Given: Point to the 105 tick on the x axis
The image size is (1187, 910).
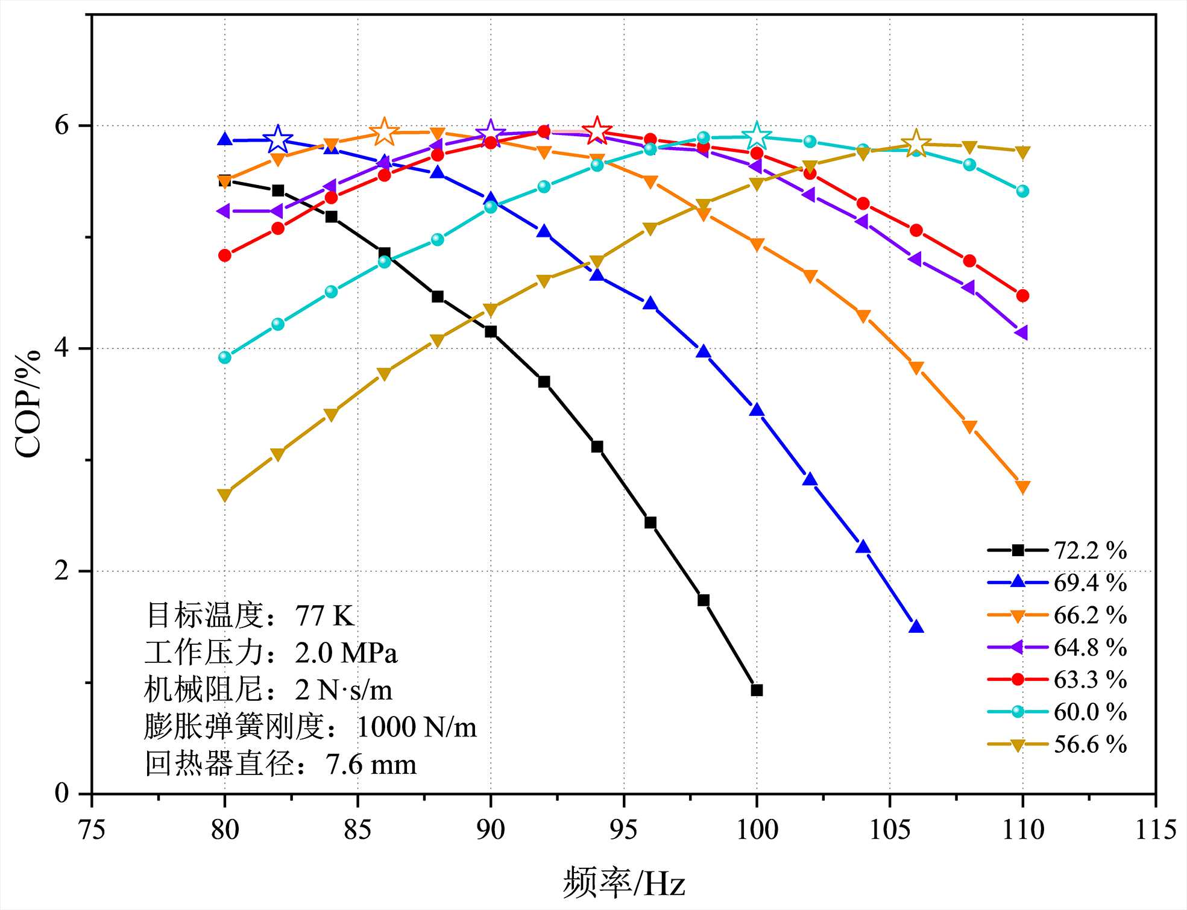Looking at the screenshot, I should [x=890, y=830].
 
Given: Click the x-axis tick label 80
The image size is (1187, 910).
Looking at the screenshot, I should [x=225, y=830].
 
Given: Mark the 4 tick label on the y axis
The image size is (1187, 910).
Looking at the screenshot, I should [x=63, y=349].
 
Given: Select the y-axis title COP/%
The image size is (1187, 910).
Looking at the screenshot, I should [x=28, y=404].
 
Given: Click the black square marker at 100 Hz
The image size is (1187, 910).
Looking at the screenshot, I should [x=757, y=690].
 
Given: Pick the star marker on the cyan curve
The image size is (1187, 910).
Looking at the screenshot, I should [x=757, y=136].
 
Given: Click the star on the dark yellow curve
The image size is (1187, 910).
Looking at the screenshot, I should [x=916, y=143].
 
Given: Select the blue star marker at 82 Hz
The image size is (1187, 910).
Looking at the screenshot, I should [x=278, y=140].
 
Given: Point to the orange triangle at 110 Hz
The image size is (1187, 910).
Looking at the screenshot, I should [x=1022, y=487].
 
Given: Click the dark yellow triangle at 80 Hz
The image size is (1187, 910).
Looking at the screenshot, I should [x=225, y=495].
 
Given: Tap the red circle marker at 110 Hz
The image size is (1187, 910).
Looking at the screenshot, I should [x=1022, y=296].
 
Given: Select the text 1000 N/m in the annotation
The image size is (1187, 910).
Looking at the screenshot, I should [x=417, y=727].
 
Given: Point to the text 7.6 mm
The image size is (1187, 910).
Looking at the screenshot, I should [x=371, y=765].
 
